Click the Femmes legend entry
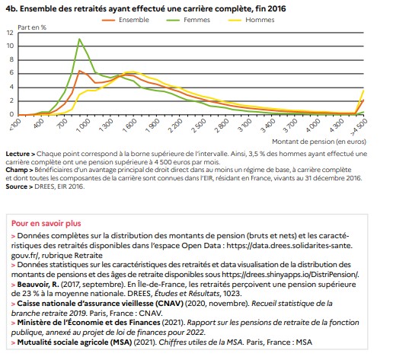tap(188, 20)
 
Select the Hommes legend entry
tap(251, 20)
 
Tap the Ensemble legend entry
tap(126, 20)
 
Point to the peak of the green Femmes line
tap(79, 39)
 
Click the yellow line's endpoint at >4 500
tap(363, 91)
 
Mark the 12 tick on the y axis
tap(10, 33)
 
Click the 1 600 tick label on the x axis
tap(129, 126)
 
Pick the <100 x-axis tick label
tap(15, 124)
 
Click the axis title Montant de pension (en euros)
tap(319, 142)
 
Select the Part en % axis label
tap(32, 27)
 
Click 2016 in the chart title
tap(276, 9)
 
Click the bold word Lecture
tap(18, 154)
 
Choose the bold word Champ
tap(17, 170)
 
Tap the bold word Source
tap(17, 186)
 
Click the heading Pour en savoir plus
tap(46, 224)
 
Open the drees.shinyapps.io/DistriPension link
tap(290, 275)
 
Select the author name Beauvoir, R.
tap(38, 285)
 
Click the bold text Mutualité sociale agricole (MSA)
tap(75, 342)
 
